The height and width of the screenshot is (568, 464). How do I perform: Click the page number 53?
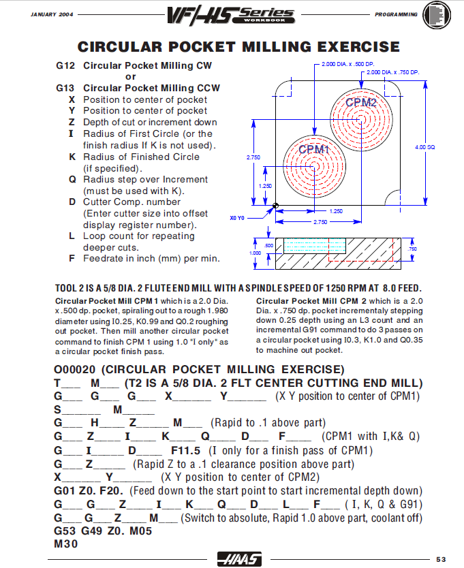(x=440, y=559)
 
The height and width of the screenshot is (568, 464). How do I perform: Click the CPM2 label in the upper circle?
(x=360, y=103)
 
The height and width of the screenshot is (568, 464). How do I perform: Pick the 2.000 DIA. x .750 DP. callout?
(x=391, y=72)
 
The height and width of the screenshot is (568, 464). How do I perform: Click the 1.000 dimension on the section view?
(x=255, y=253)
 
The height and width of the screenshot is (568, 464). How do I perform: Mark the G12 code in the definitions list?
(x=66, y=66)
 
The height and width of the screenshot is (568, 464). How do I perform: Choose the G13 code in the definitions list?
(x=66, y=89)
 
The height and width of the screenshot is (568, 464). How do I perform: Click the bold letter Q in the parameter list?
(x=72, y=180)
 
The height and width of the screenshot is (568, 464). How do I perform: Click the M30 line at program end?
(x=65, y=544)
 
